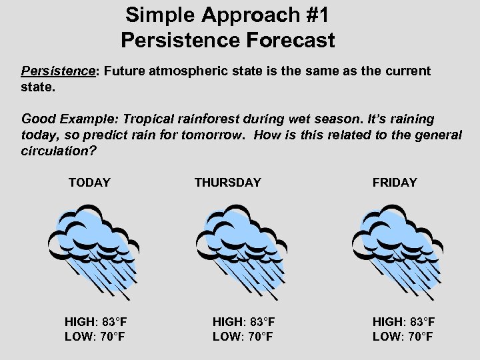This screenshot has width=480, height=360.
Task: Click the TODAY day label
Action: [x=89, y=183]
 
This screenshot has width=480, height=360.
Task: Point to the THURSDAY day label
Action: [x=227, y=183]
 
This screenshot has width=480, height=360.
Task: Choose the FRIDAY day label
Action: [x=395, y=183]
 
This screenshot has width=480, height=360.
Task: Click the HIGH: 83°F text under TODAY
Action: [x=96, y=322]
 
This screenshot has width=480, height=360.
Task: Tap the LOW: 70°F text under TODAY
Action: [x=95, y=337]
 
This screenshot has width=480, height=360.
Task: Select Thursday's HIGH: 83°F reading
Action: [x=243, y=322]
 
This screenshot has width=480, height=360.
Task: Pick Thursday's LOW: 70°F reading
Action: [x=243, y=337]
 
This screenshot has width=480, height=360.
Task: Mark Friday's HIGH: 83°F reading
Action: [x=403, y=322]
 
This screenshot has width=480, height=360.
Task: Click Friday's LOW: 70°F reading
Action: [x=403, y=337]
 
